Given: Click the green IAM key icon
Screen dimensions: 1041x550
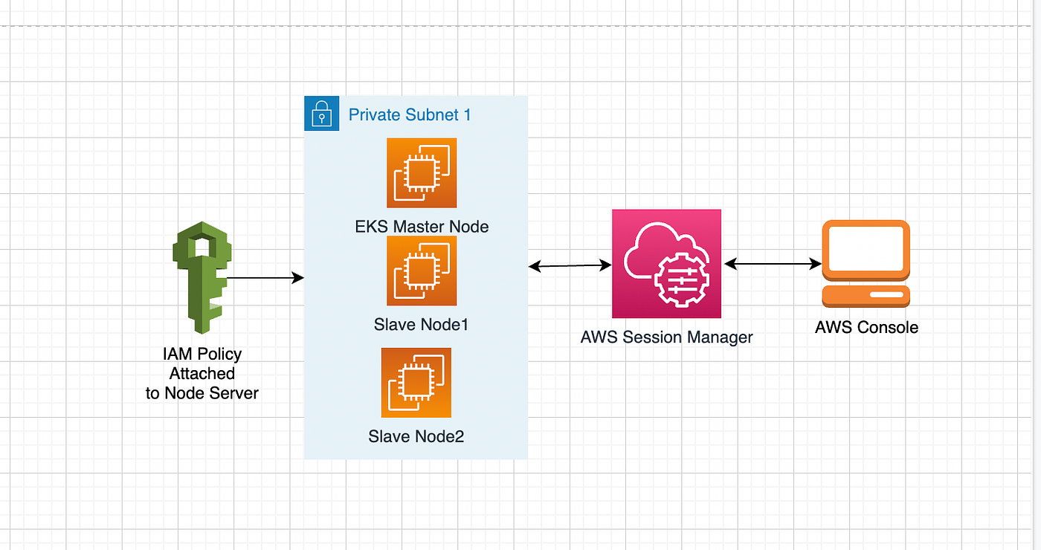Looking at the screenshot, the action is coord(202,279).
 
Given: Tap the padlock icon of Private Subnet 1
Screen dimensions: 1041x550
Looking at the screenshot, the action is coord(321,113).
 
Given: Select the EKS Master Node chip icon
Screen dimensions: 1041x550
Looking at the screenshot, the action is coord(422,172).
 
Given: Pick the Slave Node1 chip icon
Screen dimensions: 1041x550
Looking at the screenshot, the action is coord(422,271).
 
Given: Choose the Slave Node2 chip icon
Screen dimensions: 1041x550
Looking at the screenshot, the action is coord(416,383).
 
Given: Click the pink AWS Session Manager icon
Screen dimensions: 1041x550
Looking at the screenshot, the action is coord(666,264).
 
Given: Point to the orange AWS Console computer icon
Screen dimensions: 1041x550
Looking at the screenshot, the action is coord(866,264).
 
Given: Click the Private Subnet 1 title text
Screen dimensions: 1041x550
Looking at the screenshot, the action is coord(410,114).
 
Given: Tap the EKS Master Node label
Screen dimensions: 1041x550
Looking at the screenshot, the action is coord(422,227).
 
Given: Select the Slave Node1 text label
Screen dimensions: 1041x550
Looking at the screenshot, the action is coord(421,325).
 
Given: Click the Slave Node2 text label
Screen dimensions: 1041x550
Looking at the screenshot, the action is coord(416,437).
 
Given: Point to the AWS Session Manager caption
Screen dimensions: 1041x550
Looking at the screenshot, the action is coord(666,337).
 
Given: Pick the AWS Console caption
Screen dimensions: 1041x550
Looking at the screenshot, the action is coord(866,328).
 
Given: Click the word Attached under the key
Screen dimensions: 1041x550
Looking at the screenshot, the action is coord(202,373).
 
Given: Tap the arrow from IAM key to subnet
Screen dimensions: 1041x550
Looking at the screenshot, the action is coord(265,278).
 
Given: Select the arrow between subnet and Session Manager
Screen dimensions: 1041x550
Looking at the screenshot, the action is coord(570,266).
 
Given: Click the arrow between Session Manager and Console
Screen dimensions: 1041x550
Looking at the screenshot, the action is coord(773,264).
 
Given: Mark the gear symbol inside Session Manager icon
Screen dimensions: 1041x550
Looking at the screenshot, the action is coord(681,280).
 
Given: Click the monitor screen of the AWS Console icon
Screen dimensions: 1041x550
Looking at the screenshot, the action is coord(866,248).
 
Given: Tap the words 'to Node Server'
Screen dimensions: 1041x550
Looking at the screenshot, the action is coord(202,393).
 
